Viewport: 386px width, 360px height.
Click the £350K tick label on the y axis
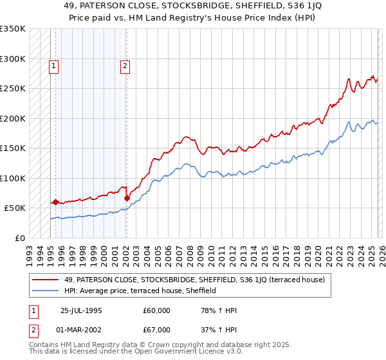click(x=13, y=29)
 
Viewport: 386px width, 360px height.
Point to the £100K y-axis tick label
click(x=13, y=178)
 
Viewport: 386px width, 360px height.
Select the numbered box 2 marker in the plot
click(x=125, y=64)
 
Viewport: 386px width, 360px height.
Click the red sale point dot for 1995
click(x=55, y=202)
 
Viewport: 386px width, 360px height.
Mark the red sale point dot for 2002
click(x=126, y=198)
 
